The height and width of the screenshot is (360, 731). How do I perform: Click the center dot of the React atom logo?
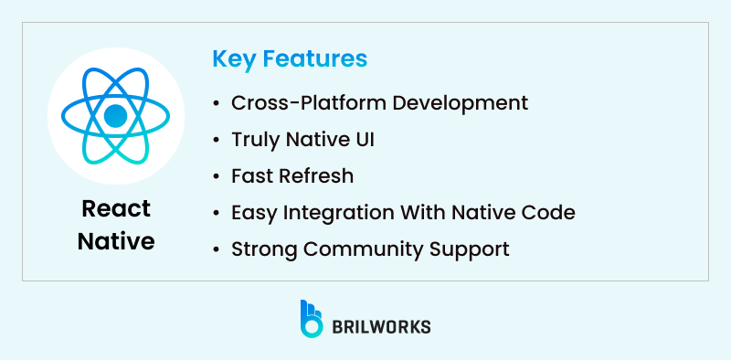tap(115, 116)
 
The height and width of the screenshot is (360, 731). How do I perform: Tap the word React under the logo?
tap(115, 209)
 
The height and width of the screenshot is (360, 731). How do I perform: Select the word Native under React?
tap(115, 241)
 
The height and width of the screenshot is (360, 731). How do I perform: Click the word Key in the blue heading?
tap(232, 59)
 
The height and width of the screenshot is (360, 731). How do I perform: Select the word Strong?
tap(262, 249)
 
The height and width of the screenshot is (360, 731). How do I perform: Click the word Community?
tap(365, 249)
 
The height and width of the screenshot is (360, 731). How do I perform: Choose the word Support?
tap(471, 249)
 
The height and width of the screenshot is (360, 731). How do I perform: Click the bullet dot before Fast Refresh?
tap(216, 176)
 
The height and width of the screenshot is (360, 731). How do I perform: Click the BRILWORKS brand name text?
tap(382, 326)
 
